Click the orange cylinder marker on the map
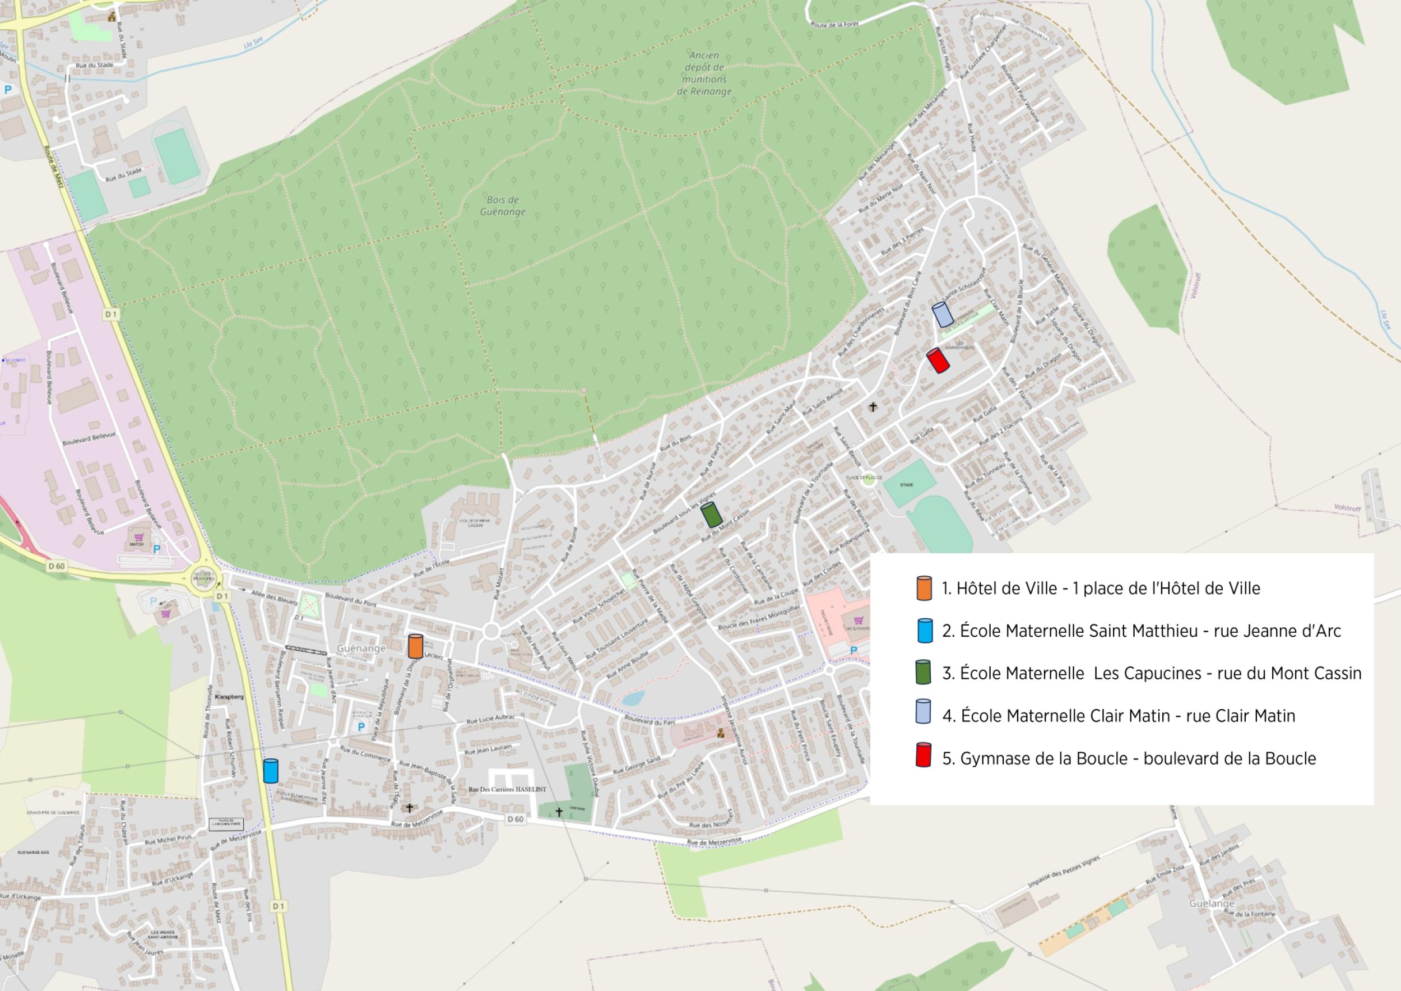[x=415, y=646]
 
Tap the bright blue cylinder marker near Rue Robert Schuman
[x=270, y=771]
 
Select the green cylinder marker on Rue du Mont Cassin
[x=712, y=515]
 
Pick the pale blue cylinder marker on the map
[x=943, y=314]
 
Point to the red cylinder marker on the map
[x=938, y=360]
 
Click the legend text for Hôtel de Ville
[x=1100, y=588]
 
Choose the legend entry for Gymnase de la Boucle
[x=1129, y=758]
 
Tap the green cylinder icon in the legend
[x=923, y=672]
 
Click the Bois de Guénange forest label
[x=502, y=206]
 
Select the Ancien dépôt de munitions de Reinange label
[x=704, y=73]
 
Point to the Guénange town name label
[x=361, y=648]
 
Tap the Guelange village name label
[x=1212, y=903]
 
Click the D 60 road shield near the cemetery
[x=516, y=819]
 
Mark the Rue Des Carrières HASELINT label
[x=507, y=789]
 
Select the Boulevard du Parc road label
[x=650, y=721]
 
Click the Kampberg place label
[x=229, y=696]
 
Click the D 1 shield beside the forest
[x=110, y=314]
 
